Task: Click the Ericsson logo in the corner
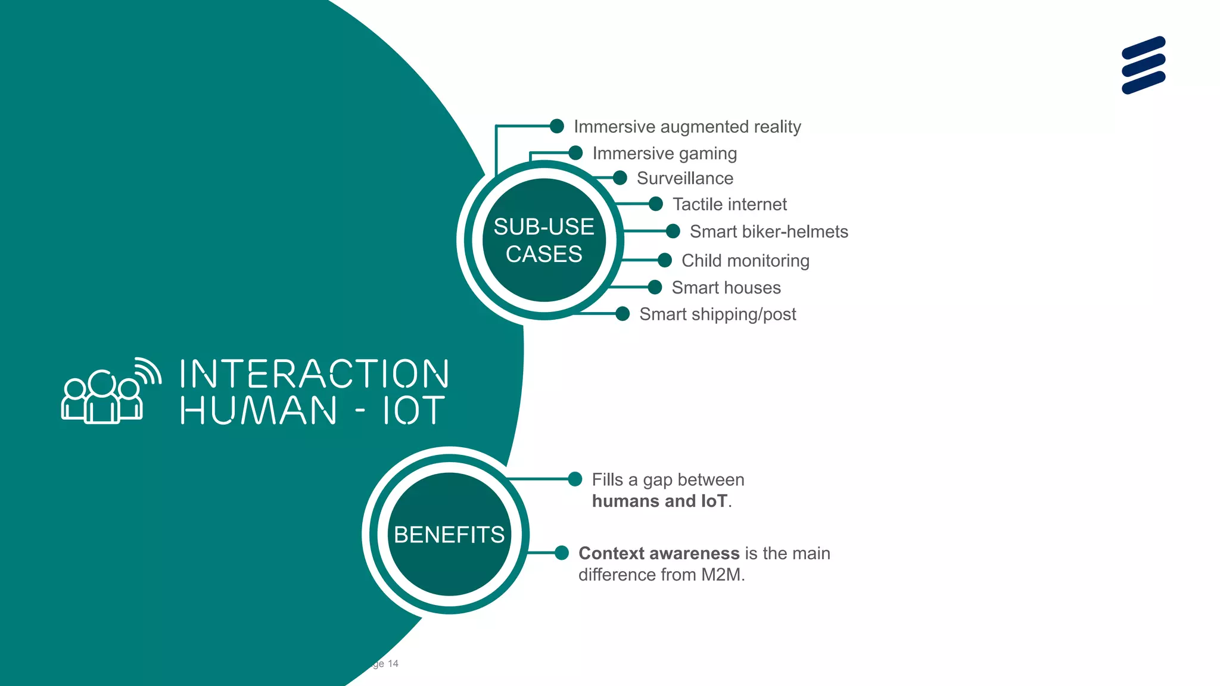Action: pyautogui.click(x=1143, y=65)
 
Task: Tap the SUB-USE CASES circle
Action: pyautogui.click(x=544, y=240)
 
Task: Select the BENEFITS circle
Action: pyautogui.click(x=449, y=534)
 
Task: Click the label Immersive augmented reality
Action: pyautogui.click(x=687, y=127)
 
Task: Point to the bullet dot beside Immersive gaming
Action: pyautogui.click(x=575, y=153)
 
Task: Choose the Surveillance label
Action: pyautogui.click(x=684, y=178)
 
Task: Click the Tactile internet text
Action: pyautogui.click(x=729, y=204)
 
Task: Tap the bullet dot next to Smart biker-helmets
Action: pyautogui.click(x=673, y=231)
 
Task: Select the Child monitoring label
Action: pyautogui.click(x=745, y=260)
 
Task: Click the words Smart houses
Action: pyautogui.click(x=726, y=288)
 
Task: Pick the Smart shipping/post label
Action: pyautogui.click(x=717, y=314)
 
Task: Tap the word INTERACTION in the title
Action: pyautogui.click(x=314, y=374)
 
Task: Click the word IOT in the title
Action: pyautogui.click(x=413, y=410)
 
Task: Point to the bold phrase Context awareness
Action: pyautogui.click(x=659, y=553)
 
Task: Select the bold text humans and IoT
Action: pyautogui.click(x=659, y=501)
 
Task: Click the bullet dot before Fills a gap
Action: pyautogui.click(x=575, y=479)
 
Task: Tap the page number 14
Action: pyautogui.click(x=393, y=663)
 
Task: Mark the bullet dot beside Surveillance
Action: pyautogui.click(x=620, y=178)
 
